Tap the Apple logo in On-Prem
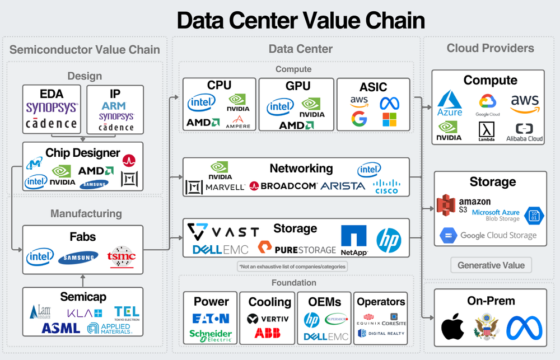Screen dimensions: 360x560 coord(453,327)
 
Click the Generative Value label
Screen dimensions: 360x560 coord(491,265)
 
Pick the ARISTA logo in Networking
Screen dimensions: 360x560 coord(343,186)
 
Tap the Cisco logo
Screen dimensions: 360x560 coord(386,186)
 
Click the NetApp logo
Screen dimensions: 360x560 coord(353,240)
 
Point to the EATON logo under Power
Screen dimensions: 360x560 coord(211,319)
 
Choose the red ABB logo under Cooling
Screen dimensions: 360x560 coord(267,333)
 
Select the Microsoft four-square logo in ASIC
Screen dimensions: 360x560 coord(389,119)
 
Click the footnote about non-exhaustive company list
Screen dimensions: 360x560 coord(292,267)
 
